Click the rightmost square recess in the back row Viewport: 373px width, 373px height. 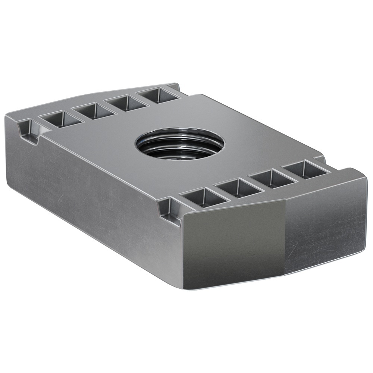[x=156, y=95]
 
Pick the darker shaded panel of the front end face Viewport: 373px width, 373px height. [x=233, y=239]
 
